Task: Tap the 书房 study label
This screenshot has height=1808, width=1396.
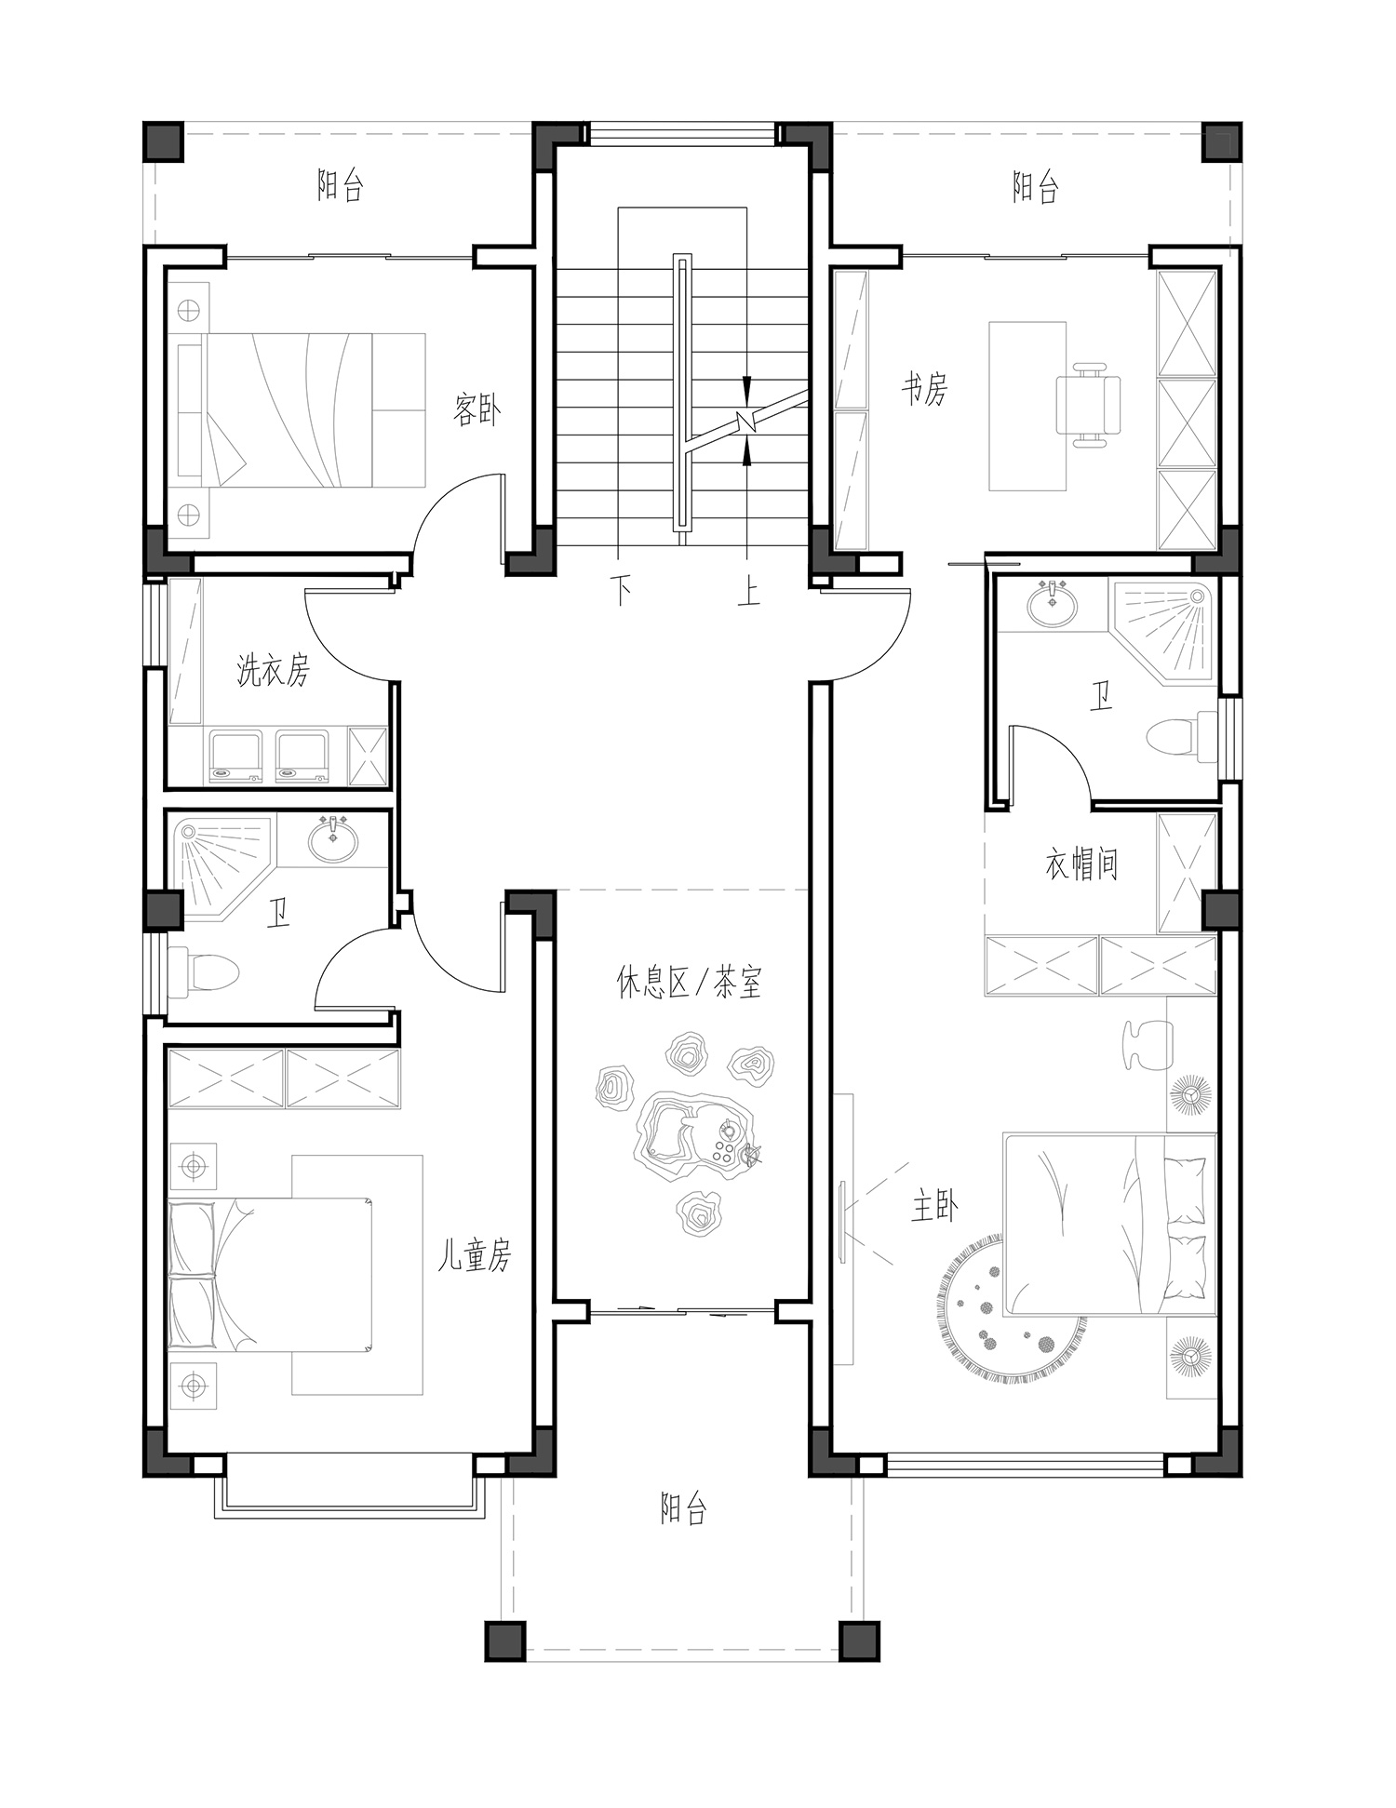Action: coord(924,388)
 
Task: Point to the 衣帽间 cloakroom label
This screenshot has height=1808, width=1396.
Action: coord(1081,865)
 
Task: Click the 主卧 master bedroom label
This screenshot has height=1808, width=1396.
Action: coord(935,1208)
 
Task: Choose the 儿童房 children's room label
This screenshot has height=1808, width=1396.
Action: coord(475,1256)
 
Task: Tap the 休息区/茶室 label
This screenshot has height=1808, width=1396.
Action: coord(690,982)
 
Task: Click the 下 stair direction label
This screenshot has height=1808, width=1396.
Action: coord(622,590)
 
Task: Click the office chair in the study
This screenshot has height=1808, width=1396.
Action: coord(1087,406)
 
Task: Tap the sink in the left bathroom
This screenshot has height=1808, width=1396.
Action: coord(332,840)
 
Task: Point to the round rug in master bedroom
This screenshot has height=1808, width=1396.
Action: coord(1011,1305)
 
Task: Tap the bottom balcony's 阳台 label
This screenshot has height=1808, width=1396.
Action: coord(684,1508)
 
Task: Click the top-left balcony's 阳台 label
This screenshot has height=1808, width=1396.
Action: coord(340,186)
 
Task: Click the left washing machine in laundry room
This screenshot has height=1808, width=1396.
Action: coord(237,755)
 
